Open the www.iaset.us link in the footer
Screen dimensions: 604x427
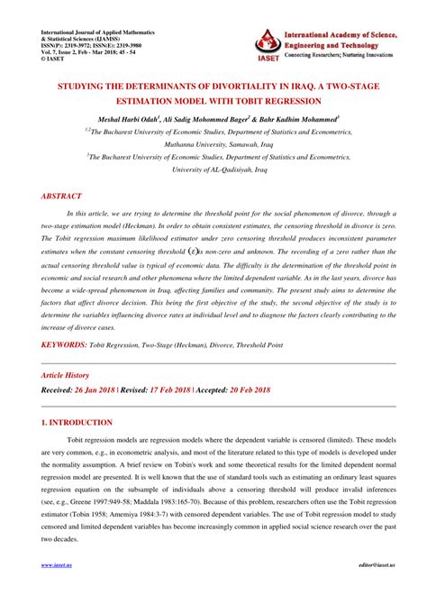click(59, 591)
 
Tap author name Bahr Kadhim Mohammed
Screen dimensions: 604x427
click(302, 117)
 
